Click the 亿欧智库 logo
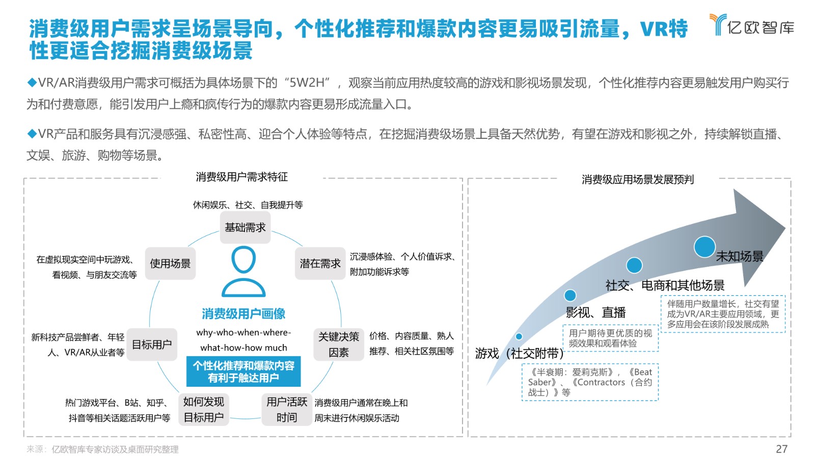(752, 25)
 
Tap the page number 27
(781, 449)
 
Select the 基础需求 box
(245, 227)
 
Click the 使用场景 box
(170, 264)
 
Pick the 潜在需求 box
(320, 264)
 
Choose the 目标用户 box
(152, 344)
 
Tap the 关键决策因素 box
(339, 344)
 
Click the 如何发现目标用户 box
(204, 409)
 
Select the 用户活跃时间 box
(287, 409)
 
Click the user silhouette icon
(243, 272)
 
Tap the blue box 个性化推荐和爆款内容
(243, 371)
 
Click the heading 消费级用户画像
(243, 313)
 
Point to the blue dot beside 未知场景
(705, 247)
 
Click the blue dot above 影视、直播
(570, 296)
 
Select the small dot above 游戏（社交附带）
(519, 336)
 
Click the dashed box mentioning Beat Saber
(590, 382)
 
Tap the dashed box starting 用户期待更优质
(611, 338)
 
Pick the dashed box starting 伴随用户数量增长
(723, 313)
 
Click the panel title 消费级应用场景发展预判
(638, 180)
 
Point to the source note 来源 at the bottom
(102, 449)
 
